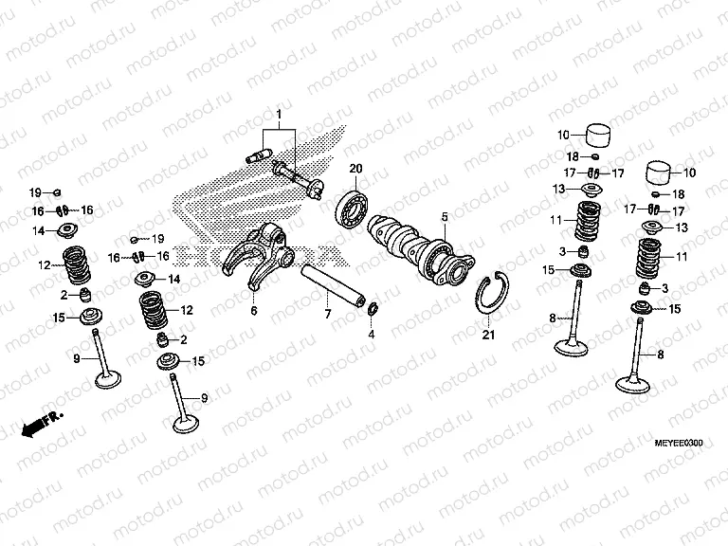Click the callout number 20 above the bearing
coord(356,169)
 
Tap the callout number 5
coord(443,217)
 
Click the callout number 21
coord(488,335)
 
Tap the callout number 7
coord(326,314)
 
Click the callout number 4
coord(372,335)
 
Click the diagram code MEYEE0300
coord(681,443)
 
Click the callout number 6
coord(254,310)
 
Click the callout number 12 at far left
coord(44,265)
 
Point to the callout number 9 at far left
coord(76,357)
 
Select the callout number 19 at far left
coord(32,192)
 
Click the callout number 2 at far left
coord(64,294)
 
